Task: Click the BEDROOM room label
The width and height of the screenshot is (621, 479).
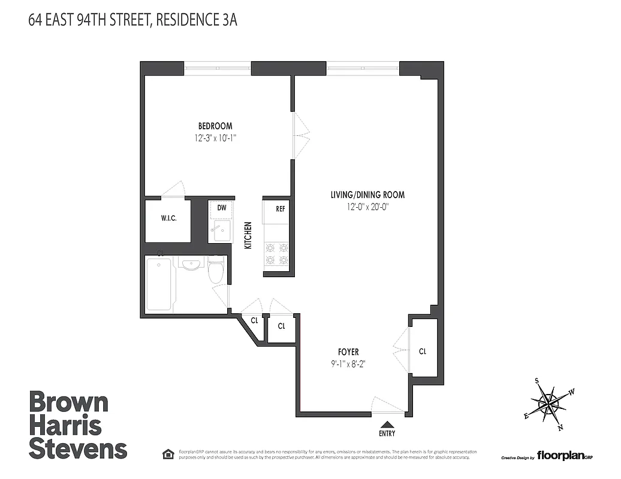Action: tap(215, 126)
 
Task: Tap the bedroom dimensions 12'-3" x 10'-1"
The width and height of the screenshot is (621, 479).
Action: tap(215, 138)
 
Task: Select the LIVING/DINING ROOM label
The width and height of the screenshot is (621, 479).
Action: tap(367, 195)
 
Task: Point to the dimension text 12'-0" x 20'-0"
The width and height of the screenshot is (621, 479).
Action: tap(367, 207)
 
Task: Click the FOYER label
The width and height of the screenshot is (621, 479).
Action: tap(348, 352)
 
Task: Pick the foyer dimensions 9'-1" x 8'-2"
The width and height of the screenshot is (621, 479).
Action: tap(348, 363)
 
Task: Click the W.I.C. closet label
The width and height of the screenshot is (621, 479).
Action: tap(167, 218)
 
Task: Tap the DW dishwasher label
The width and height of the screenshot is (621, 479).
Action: tap(222, 208)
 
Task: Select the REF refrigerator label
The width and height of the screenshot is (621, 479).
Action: tap(279, 209)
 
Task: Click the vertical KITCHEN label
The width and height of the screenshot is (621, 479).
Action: tap(248, 235)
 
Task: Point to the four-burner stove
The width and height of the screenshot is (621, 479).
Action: tap(276, 253)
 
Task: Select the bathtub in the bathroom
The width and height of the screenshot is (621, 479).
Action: tap(159, 284)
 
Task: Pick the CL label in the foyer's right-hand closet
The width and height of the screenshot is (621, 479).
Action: tap(423, 351)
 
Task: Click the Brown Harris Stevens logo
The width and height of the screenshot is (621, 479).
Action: tap(78, 425)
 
